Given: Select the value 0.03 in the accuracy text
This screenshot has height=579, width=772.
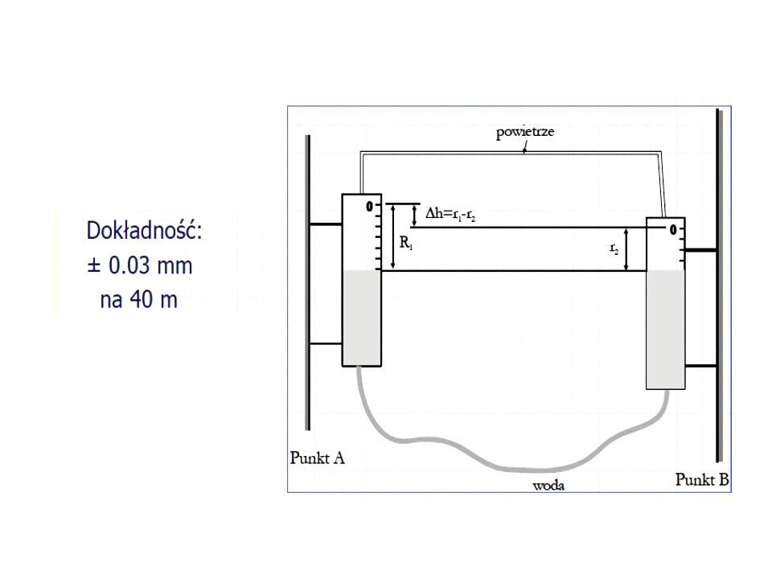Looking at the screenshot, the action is [129, 265].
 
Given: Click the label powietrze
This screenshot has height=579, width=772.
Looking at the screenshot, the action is [525, 132].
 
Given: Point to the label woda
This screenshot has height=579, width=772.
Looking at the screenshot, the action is [548, 486].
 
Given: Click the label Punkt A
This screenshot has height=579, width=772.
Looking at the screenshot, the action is [317, 458].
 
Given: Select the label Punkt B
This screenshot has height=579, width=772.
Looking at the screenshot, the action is [701, 479].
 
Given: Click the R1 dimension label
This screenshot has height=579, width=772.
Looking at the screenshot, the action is [405, 242].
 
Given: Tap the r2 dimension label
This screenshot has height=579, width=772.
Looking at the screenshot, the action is [614, 248].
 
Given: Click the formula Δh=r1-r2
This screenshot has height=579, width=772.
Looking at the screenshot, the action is [450, 214].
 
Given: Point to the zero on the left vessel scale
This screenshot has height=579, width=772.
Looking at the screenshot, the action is [369, 207].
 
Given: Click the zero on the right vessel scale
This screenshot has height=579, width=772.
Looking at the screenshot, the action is [673, 229].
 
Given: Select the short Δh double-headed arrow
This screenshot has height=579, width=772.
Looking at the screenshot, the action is [414, 216].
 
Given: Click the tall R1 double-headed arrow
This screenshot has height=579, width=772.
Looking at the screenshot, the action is [393, 237].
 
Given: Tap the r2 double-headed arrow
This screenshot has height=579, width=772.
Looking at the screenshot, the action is [626, 249].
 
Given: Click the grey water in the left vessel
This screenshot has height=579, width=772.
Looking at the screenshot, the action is [362, 318].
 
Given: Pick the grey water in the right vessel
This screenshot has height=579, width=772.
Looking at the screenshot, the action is [665, 330].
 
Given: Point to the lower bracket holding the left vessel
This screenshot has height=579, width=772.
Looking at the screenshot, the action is [326, 343].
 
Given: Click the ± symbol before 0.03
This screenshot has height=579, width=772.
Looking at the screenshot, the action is [93, 266].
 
